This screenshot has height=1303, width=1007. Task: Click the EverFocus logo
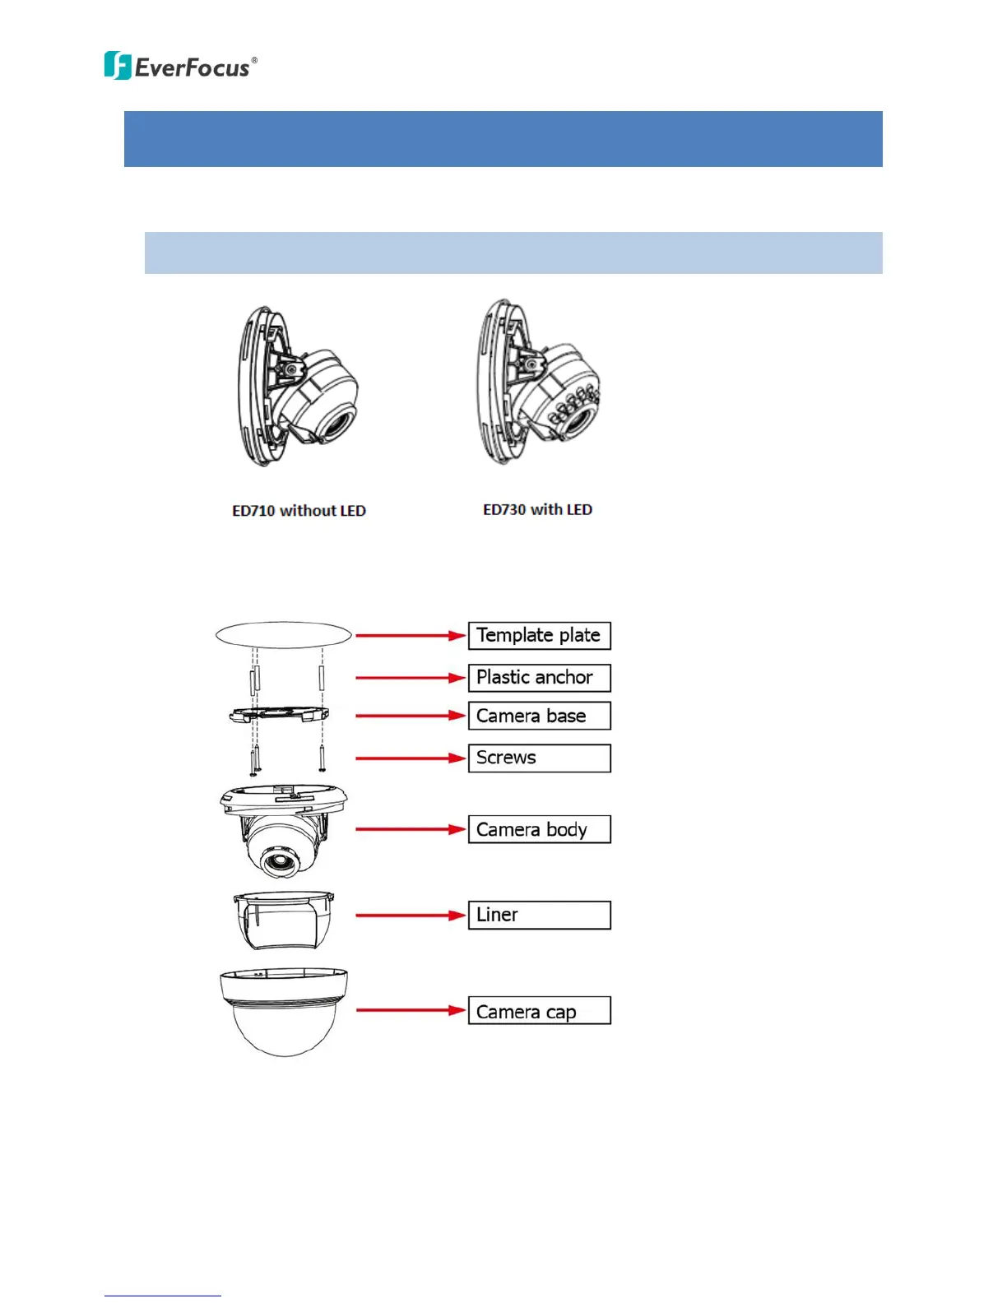pyautogui.click(x=180, y=66)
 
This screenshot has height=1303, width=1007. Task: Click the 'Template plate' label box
pyautogui.click(x=539, y=636)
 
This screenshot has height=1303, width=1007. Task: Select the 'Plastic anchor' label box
pyautogui.click(x=539, y=678)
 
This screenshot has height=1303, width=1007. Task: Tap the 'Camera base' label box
pyautogui.click(x=539, y=716)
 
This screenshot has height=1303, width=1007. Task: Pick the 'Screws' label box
pyautogui.click(x=539, y=758)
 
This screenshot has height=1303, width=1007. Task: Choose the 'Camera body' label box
pyautogui.click(x=539, y=829)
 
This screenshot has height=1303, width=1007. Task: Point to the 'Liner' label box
pyautogui.click(x=539, y=915)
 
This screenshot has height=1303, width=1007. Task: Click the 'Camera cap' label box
pyautogui.click(x=539, y=1011)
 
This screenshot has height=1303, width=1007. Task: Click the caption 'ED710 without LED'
pyautogui.click(x=299, y=511)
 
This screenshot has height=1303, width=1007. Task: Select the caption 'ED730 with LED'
pyautogui.click(x=537, y=510)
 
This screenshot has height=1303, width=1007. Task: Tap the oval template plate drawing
pyautogui.click(x=284, y=635)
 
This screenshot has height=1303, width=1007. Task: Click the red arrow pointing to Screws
pyautogui.click(x=411, y=758)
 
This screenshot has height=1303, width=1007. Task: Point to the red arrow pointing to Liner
pyautogui.click(x=411, y=915)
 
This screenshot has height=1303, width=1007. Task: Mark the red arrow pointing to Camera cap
pyautogui.click(x=411, y=1010)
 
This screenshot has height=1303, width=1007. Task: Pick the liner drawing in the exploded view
pyautogui.click(x=284, y=920)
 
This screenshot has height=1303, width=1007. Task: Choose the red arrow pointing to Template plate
pyautogui.click(x=411, y=635)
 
